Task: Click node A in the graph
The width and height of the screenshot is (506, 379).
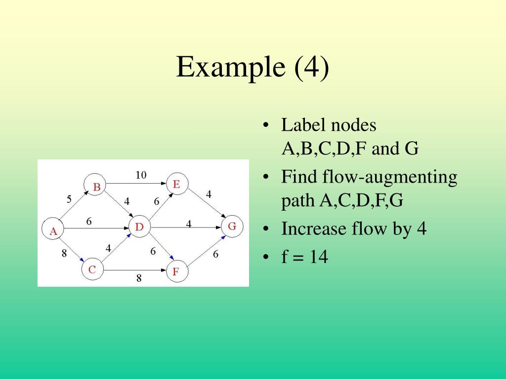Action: point(53,229)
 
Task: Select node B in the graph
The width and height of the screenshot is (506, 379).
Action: point(95,185)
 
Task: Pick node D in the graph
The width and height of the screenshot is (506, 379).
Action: point(140,227)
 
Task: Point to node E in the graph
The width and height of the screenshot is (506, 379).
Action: point(177,184)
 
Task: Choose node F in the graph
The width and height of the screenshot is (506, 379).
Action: point(177,271)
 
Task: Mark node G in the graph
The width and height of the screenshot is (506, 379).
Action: point(232,226)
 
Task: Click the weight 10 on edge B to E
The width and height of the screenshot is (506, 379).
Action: point(141,175)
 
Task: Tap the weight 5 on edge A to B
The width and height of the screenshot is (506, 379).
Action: point(69,199)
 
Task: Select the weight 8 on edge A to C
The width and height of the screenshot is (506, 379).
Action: point(64,253)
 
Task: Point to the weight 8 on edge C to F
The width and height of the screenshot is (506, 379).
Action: point(139,278)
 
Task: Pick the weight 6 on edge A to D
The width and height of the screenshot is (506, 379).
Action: point(89,222)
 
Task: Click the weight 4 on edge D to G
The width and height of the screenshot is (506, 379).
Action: point(189,224)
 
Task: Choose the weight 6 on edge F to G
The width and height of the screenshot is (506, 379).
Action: point(215,254)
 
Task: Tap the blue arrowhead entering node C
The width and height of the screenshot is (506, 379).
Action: point(82,260)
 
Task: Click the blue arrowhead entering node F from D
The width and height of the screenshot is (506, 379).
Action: point(171,257)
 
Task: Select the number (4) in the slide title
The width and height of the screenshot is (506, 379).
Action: point(311,67)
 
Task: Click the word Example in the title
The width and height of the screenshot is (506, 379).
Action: point(231,67)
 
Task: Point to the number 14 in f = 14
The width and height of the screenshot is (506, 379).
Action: point(319,257)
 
